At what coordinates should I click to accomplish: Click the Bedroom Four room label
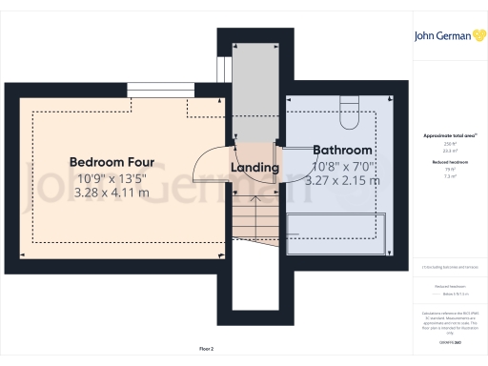[x=112, y=162]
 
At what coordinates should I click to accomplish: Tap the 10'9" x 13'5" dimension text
[x=112, y=177]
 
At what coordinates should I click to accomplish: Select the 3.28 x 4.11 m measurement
[x=112, y=193]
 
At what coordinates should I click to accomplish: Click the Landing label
[x=255, y=168]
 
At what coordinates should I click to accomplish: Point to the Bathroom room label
[x=343, y=151]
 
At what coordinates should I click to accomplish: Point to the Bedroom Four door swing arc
[x=203, y=162]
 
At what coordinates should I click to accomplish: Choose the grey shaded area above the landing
[x=254, y=91]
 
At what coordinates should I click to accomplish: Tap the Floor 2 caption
[x=206, y=350]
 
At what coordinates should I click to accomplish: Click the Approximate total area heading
[x=449, y=136]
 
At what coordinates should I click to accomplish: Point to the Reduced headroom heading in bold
[x=449, y=163]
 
